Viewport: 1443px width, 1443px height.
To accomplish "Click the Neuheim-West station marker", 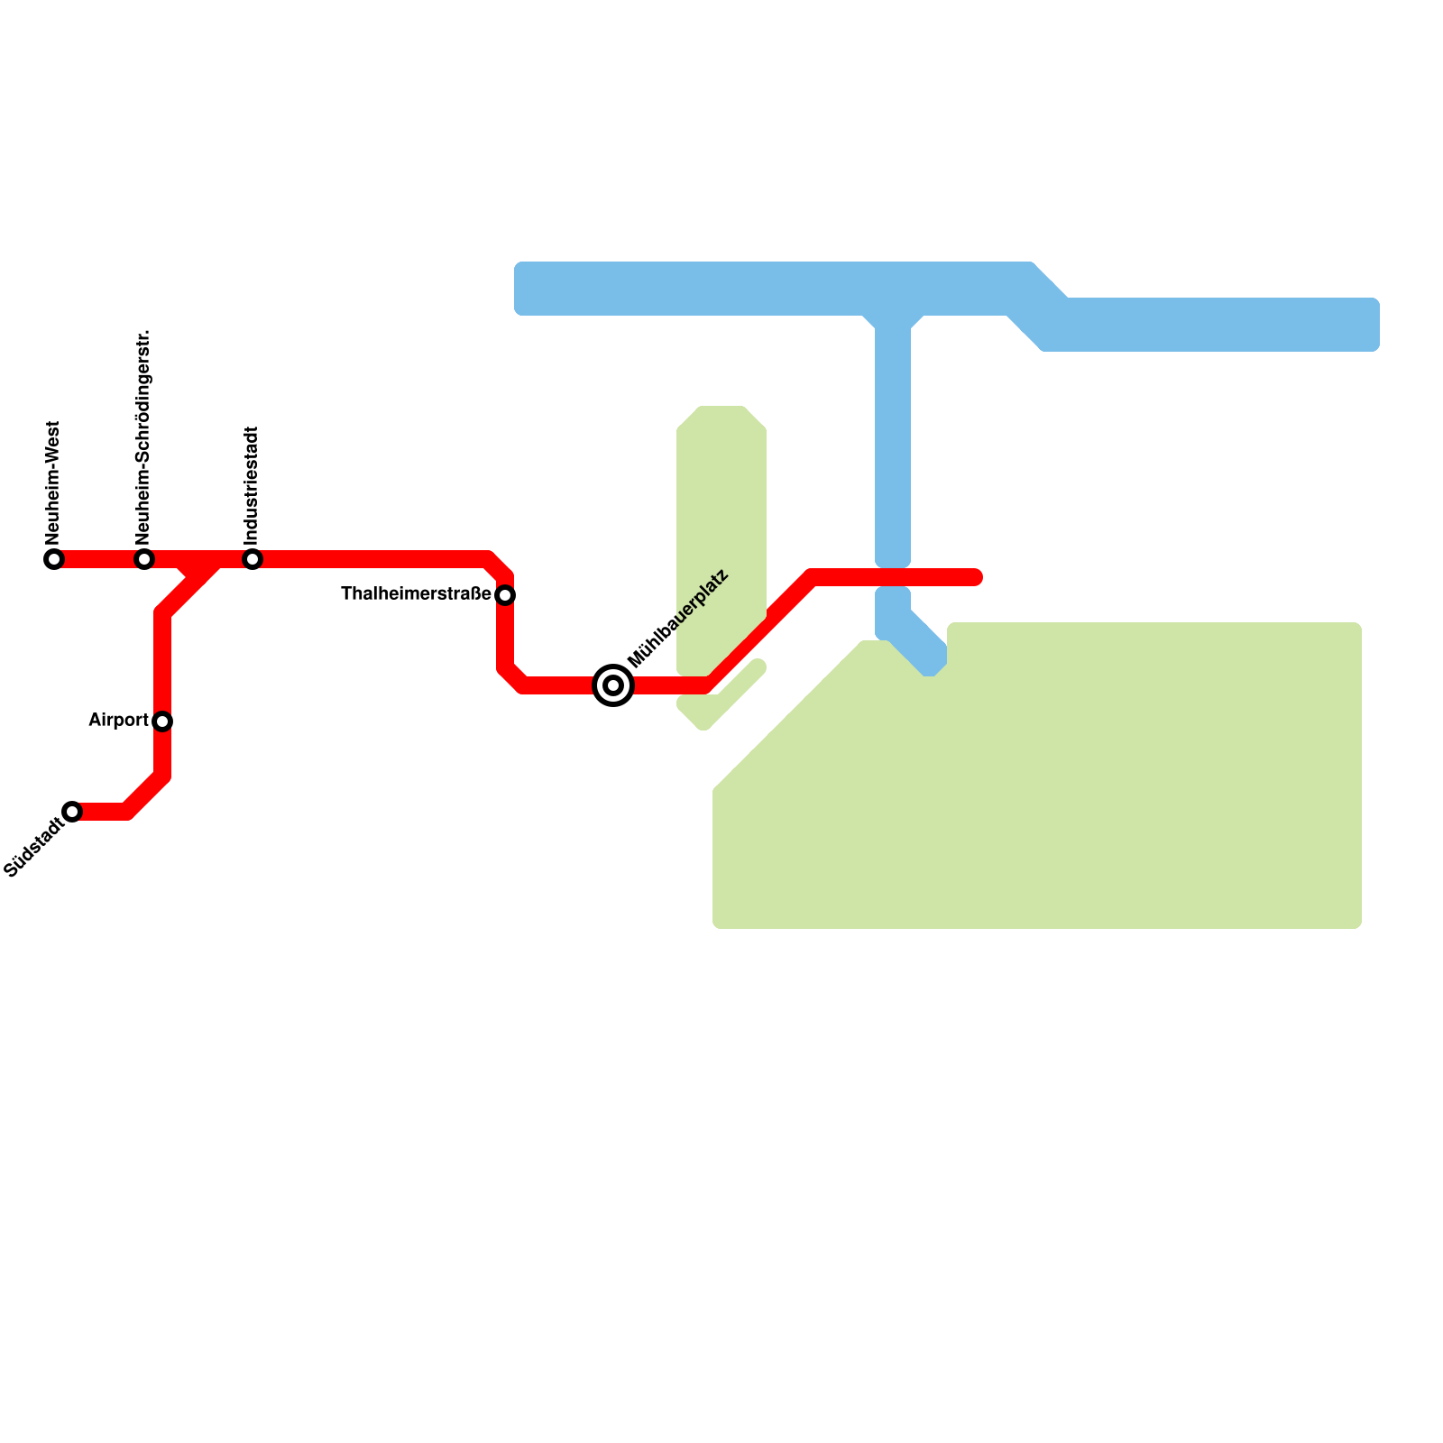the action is coord(54,559).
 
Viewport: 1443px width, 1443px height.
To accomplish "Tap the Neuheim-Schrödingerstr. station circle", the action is coord(144,559).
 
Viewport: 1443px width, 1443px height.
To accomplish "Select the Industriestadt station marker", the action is coord(253,559).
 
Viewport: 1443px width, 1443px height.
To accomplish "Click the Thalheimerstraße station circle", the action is coord(505,595).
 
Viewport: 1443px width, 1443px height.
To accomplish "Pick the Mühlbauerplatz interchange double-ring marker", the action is coord(613,685).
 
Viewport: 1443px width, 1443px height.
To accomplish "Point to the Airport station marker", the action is coord(162,721).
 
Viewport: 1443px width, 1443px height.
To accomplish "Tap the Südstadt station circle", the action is coord(72,812).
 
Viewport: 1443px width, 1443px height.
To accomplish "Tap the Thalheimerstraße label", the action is coord(416,594).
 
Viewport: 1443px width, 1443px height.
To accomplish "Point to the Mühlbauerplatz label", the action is coord(677,619).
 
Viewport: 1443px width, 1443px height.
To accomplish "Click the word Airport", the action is coord(118,721).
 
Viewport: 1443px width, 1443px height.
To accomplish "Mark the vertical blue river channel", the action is coord(893,442).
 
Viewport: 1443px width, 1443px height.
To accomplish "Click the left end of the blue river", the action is coord(523,289).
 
